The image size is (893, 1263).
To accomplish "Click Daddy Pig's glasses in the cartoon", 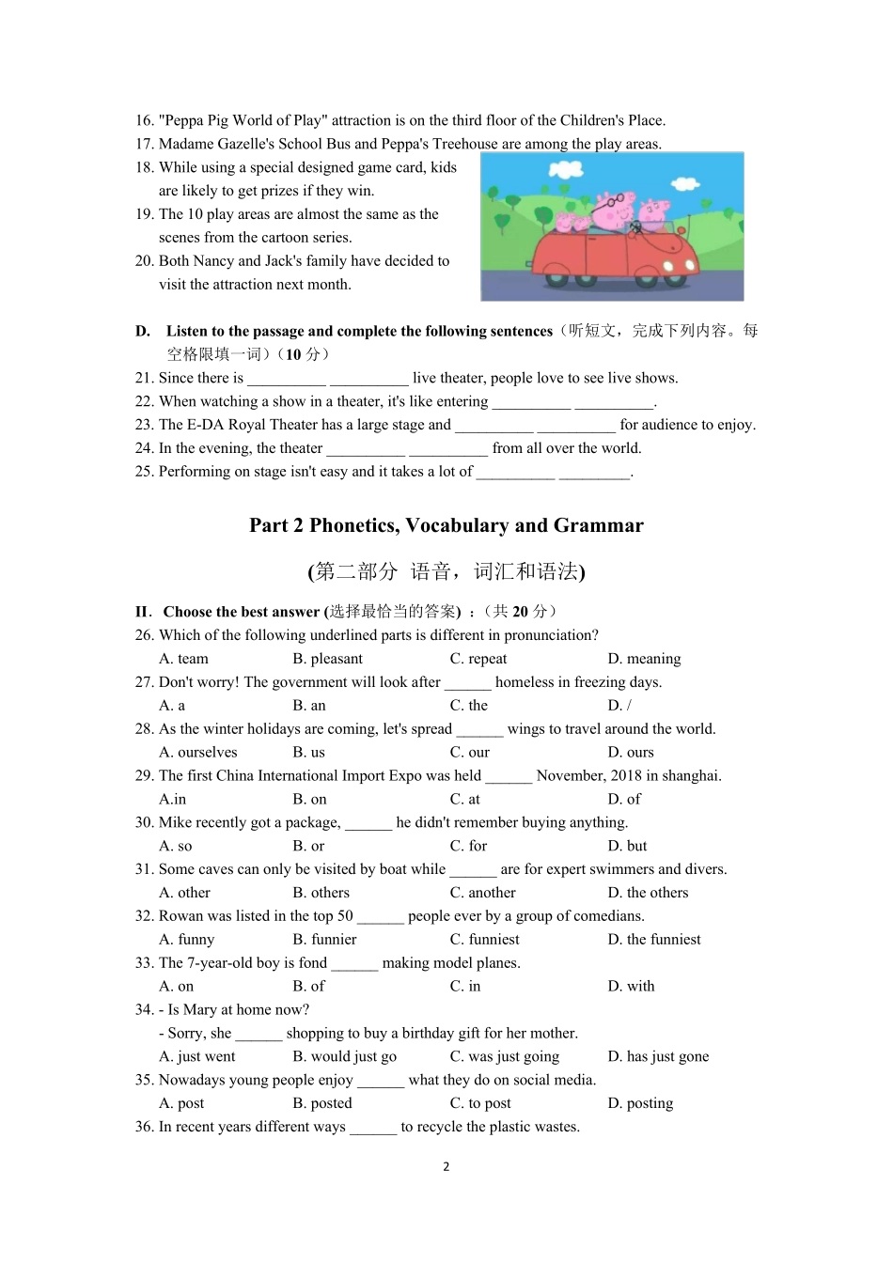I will click(x=613, y=200).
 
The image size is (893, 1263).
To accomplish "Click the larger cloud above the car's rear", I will click(x=566, y=170).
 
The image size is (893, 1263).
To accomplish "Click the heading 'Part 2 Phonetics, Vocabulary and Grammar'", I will click(x=446, y=525).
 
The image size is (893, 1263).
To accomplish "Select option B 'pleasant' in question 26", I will click(x=327, y=659).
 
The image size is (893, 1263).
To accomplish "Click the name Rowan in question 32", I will click(x=180, y=916).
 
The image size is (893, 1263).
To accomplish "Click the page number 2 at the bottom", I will click(x=446, y=1167).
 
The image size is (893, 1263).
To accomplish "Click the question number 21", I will click(x=144, y=378).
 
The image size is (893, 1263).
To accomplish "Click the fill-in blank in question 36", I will click(x=373, y=1129).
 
